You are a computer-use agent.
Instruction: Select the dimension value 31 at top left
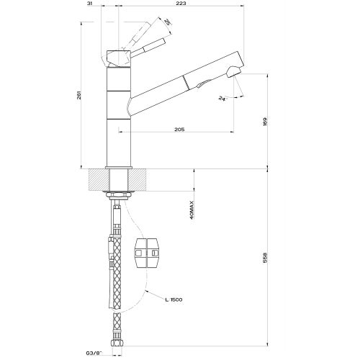click(x=89, y=4)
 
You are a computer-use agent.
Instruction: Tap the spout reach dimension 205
click(x=180, y=130)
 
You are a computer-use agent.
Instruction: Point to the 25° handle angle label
click(x=167, y=24)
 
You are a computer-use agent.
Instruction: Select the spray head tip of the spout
click(x=233, y=71)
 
